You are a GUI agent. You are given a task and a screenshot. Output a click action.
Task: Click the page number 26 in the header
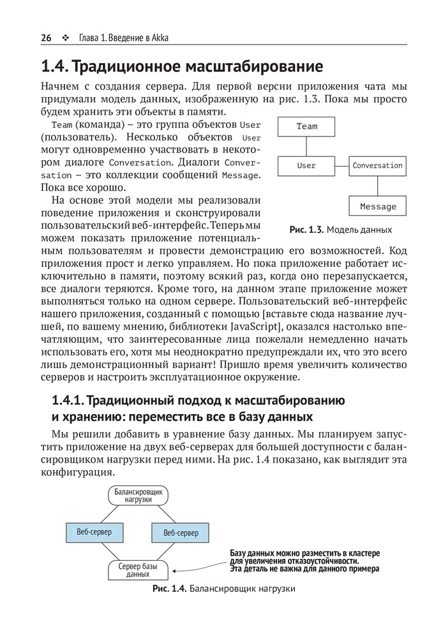point(46,38)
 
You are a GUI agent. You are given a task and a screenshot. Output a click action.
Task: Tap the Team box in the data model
point(306,126)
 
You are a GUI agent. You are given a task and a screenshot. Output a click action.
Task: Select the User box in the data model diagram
point(306,166)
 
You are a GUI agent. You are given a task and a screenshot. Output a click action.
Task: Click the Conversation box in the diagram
point(377,166)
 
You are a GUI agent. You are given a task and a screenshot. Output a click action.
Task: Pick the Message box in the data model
point(378,206)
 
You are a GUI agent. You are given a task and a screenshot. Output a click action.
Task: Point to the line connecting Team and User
point(306,146)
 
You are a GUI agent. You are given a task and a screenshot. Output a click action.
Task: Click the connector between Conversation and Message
point(378,186)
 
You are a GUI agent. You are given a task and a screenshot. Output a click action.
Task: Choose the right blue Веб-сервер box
point(181,532)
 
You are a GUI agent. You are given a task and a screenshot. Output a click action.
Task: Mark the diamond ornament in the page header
point(65,38)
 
